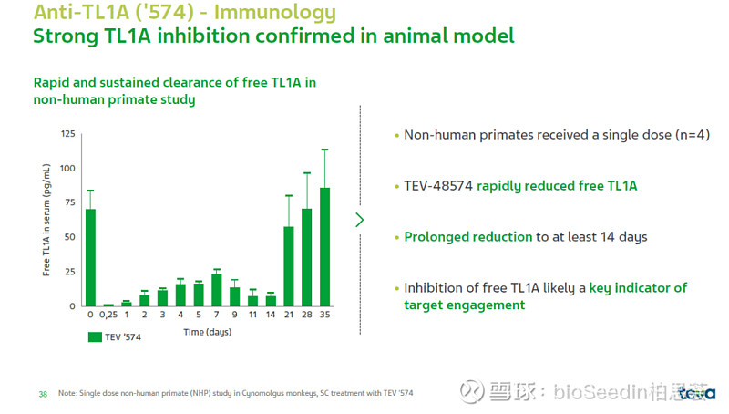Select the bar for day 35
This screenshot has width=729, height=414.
click(x=324, y=247)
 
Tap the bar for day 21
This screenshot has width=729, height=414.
click(x=289, y=266)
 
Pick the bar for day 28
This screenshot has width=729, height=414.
click(x=306, y=258)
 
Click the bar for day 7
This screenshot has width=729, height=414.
click(x=216, y=290)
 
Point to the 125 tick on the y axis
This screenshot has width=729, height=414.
click(x=68, y=134)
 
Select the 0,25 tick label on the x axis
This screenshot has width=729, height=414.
click(x=108, y=315)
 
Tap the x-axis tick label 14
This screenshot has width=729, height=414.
click(x=271, y=315)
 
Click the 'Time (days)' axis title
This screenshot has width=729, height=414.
click(x=207, y=332)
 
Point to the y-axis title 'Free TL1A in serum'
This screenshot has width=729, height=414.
click(x=46, y=220)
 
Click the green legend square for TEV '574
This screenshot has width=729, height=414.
click(x=95, y=336)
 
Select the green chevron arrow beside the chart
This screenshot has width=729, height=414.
click(x=359, y=220)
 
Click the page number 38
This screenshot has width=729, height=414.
click(x=42, y=393)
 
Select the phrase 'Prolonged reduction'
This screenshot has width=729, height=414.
click(x=468, y=237)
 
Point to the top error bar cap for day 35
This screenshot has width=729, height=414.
click(x=324, y=150)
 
